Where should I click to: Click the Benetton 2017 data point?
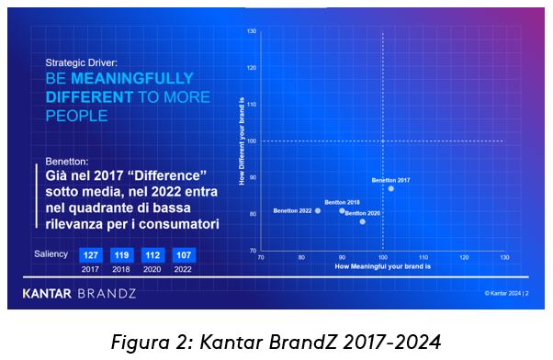[391, 188]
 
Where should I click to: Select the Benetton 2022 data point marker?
[318, 210]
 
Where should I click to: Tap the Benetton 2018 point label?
[342, 202]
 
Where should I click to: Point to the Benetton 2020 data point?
[362, 221]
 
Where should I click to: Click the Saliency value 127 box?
[91, 255]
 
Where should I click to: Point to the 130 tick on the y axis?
[252, 32]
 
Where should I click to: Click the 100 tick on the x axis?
[382, 258]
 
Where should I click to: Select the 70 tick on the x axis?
[261, 258]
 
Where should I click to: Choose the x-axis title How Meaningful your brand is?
[383, 265]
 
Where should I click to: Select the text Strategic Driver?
[85, 63]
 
